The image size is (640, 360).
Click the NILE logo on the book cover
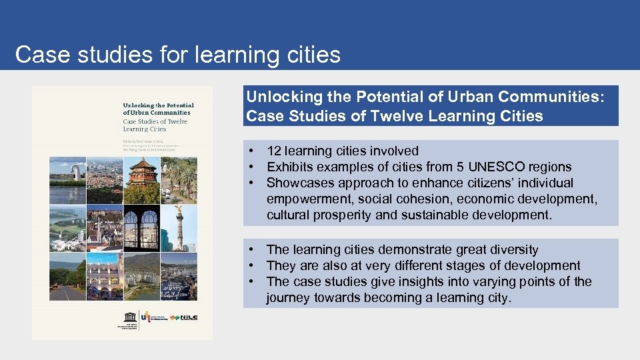[184, 318]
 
